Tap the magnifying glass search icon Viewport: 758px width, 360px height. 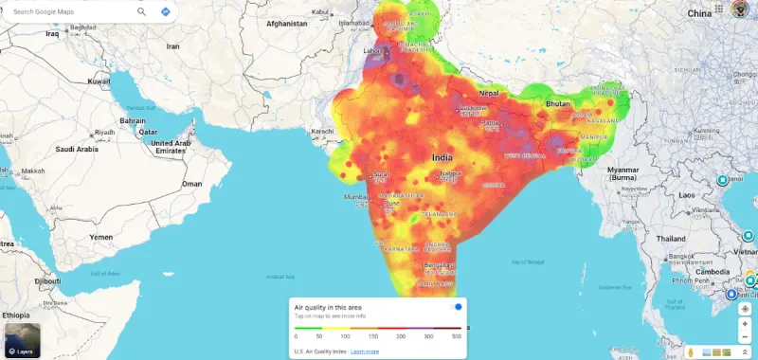141,11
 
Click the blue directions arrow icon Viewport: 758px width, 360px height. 166,11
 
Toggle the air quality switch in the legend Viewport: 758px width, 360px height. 456,307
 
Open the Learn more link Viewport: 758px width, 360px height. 365,351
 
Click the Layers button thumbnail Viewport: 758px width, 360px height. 21,340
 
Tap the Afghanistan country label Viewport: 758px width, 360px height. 288,22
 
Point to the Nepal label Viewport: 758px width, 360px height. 490,94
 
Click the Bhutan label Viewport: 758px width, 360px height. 558,101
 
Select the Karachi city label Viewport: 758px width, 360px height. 323,130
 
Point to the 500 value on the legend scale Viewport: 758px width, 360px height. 457,336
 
